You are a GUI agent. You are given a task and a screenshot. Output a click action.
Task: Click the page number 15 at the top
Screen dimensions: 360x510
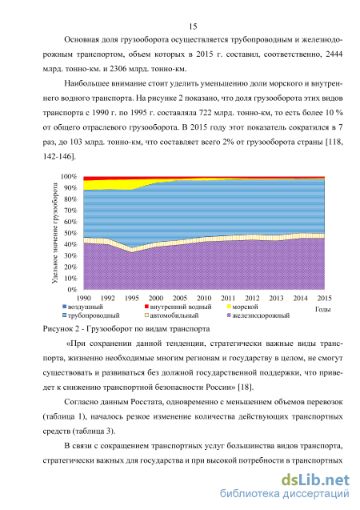pyautogui.click(x=193, y=26)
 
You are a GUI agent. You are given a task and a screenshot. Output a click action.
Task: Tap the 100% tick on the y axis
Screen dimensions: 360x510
pyautogui.click(x=69, y=177)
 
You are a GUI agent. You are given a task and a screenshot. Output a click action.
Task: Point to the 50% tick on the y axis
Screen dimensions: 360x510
pyautogui.click(x=70, y=233)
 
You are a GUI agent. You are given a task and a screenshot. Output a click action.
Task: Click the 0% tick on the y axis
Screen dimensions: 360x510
pyautogui.click(x=72, y=290)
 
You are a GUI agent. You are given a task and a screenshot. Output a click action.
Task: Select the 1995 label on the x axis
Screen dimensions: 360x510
pyautogui.click(x=131, y=299)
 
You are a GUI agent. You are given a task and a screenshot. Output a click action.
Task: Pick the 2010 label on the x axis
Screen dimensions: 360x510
pyautogui.click(x=204, y=299)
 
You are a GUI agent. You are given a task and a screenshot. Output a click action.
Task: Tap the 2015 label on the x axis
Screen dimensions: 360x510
pyautogui.click(x=324, y=299)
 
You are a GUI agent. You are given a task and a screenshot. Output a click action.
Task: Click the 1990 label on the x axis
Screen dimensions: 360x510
pyautogui.click(x=83, y=299)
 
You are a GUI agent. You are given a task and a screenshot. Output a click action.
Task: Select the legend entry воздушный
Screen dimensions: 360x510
pyautogui.click(x=82, y=307)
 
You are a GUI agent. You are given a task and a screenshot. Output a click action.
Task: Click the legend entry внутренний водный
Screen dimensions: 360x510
pyautogui.click(x=178, y=307)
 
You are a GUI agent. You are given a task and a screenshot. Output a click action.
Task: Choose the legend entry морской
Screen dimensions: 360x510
pyautogui.click(x=242, y=307)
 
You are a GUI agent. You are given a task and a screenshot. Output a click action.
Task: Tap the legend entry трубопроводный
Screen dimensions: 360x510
pyautogui.click(x=91, y=315)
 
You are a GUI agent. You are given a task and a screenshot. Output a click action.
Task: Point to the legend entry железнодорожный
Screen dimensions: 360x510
pyautogui.click(x=258, y=315)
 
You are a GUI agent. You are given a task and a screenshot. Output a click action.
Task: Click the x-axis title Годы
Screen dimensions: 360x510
pyautogui.click(x=322, y=309)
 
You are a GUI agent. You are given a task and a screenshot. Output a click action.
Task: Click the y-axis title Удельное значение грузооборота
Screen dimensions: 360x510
pyautogui.click(x=55, y=233)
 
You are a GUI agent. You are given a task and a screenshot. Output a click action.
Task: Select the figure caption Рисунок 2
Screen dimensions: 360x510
pyautogui.click(x=61, y=329)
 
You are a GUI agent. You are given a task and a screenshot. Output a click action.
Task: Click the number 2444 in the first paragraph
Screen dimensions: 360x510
pyautogui.click(x=334, y=54)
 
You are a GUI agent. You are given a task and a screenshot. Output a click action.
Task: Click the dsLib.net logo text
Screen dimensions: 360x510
pyautogui.click(x=315, y=480)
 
